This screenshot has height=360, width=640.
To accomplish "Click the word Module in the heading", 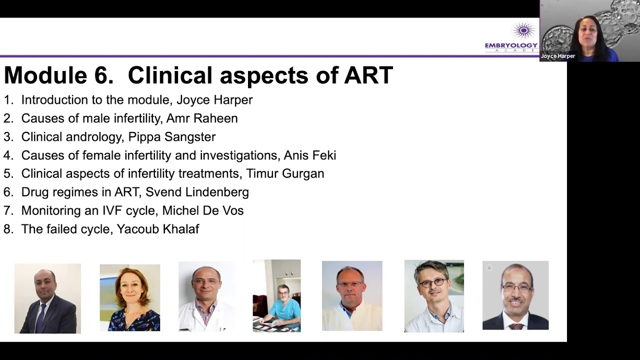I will (45, 75).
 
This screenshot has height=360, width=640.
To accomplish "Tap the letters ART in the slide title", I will (368, 75).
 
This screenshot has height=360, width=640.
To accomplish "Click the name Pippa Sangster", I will (172, 137).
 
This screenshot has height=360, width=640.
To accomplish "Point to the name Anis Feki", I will (309, 155).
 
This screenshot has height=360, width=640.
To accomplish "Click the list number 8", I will (7, 229).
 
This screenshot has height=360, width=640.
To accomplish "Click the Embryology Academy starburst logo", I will (523, 31).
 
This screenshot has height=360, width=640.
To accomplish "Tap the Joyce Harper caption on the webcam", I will (558, 56).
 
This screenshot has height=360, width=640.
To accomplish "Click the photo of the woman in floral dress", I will (129, 298).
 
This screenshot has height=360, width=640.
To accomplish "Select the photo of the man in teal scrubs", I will (276, 295).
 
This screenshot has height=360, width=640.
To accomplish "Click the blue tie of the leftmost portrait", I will (40, 318).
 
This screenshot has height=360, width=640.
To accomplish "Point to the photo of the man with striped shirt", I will (206, 297).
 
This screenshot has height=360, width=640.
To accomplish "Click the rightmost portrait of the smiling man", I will (515, 295).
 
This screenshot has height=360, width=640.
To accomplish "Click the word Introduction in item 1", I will (54, 100).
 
